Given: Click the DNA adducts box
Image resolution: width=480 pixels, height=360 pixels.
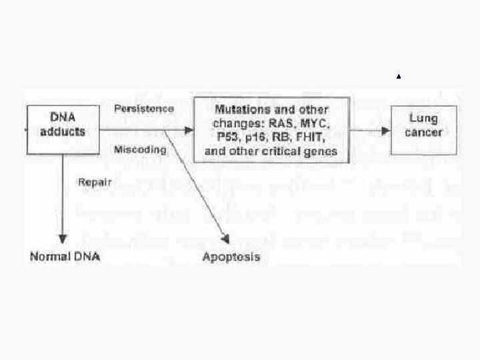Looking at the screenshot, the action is pos(63,124).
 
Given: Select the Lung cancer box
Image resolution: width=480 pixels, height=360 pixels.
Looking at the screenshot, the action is pos(423,125).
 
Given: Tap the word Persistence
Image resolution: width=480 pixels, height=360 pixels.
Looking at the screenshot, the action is pos(144,108).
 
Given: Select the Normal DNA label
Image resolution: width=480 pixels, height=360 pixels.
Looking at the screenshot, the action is pos(64,257).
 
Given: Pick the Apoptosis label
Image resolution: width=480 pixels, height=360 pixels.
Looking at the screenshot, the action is pos(231,257).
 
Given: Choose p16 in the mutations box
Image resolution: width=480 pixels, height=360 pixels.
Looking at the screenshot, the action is pos(249,138).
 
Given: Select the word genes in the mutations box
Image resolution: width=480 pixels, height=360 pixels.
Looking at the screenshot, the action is pos(321,151).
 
